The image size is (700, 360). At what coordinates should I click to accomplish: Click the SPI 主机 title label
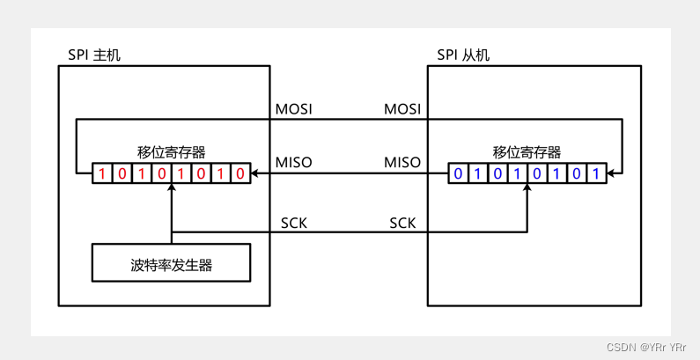pos(94,55)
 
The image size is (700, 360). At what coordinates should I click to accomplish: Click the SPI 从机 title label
pos(463,55)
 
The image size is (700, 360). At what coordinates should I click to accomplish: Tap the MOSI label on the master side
pos(294,110)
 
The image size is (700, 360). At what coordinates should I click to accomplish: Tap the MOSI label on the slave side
pos(402,110)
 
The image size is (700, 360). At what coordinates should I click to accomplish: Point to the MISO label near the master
pos(294,163)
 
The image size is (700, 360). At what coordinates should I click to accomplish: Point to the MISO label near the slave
pos(402,163)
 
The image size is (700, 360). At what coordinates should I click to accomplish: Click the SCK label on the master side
pos(294,223)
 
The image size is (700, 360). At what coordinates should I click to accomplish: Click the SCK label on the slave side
pos(402,223)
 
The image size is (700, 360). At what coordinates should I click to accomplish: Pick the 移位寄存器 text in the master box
pos(172,152)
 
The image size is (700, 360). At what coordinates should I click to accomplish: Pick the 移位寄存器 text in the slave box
pos(527,152)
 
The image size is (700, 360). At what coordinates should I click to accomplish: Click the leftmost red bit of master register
pos(102,173)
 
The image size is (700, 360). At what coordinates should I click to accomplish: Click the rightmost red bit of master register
pos(240,173)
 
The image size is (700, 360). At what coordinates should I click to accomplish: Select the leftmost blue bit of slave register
pos(458,173)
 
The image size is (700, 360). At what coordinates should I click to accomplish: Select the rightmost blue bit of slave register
pos(596,173)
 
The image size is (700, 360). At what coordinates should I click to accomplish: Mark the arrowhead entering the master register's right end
pos(256,173)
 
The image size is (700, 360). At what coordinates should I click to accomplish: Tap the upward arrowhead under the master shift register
pos(172,188)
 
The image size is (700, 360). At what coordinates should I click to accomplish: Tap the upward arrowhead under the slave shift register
pos(527,188)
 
